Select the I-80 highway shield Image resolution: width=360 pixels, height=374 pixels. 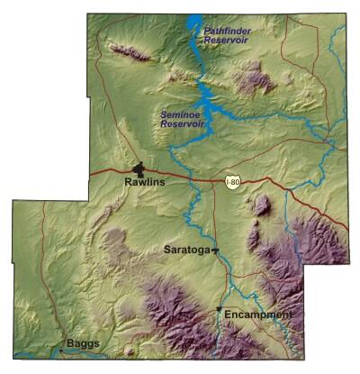(233, 182)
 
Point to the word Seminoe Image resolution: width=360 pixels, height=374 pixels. (177, 114)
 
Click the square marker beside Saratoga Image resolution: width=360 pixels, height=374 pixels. (214, 251)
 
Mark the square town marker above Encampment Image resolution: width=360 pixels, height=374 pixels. (219, 311)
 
